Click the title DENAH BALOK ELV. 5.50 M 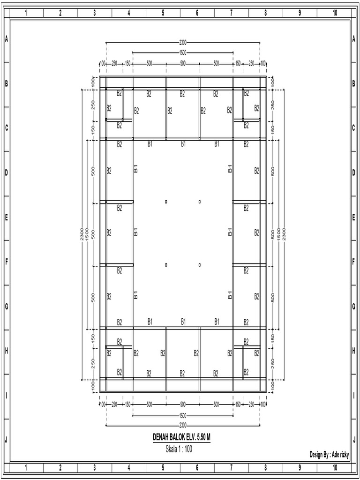coord(181,437)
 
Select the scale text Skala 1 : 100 coord(179,449)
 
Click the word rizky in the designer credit coord(343,454)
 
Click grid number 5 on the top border coord(163,13)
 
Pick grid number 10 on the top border coord(335,13)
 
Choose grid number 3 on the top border coord(95,13)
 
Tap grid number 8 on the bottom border coord(266,467)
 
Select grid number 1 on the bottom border coord(26,467)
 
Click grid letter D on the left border coord(7,172)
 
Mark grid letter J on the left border coord(7,440)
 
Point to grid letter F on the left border coord(7,262)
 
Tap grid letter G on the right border coord(353,306)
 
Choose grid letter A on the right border coord(353,39)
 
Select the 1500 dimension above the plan coord(183,52)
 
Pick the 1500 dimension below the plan coord(183,415)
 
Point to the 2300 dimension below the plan coord(183,425)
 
